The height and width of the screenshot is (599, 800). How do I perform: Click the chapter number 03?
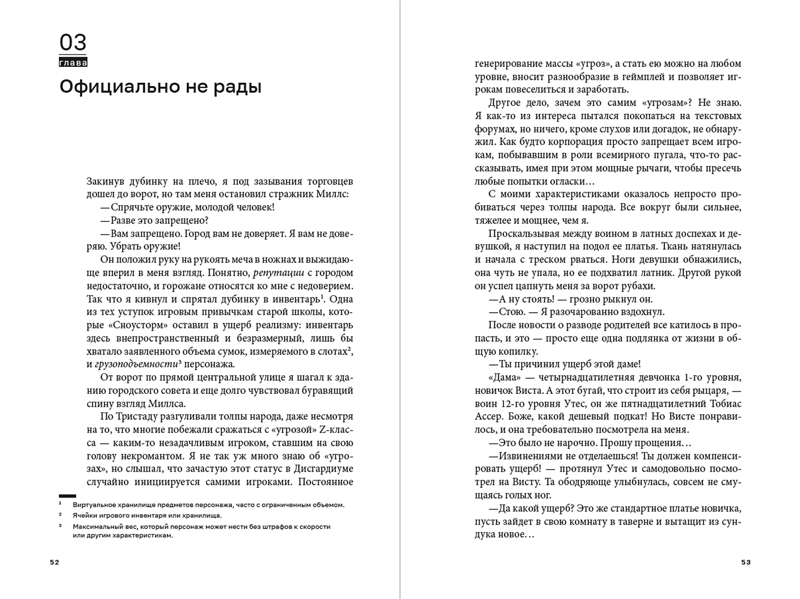pos(73,43)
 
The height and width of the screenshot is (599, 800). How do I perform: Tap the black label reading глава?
pos(73,62)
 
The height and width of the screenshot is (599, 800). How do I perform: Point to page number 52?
pos(54,562)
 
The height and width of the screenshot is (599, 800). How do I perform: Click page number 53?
pos(746,562)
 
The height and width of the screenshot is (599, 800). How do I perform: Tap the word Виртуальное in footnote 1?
pos(92,504)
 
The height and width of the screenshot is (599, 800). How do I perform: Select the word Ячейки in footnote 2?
pos(84,515)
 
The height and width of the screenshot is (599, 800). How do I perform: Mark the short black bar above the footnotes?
pos(67,496)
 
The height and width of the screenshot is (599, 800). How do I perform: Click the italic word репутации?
pos(279,273)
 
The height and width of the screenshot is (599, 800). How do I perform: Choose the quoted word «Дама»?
pos(504,377)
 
